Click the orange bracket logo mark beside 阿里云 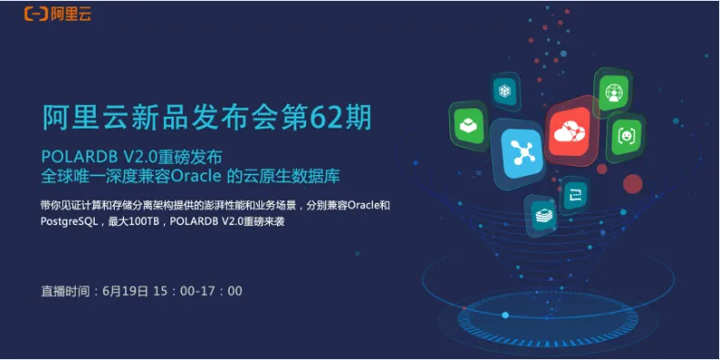tap(36, 14)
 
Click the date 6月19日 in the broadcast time tap(126, 291)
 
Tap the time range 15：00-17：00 tap(198, 291)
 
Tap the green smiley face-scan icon tap(624, 136)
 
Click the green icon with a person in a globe tap(612, 91)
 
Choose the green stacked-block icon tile tap(468, 126)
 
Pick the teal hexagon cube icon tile tap(505, 91)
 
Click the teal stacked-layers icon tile tap(541, 215)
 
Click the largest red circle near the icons tap(633, 184)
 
